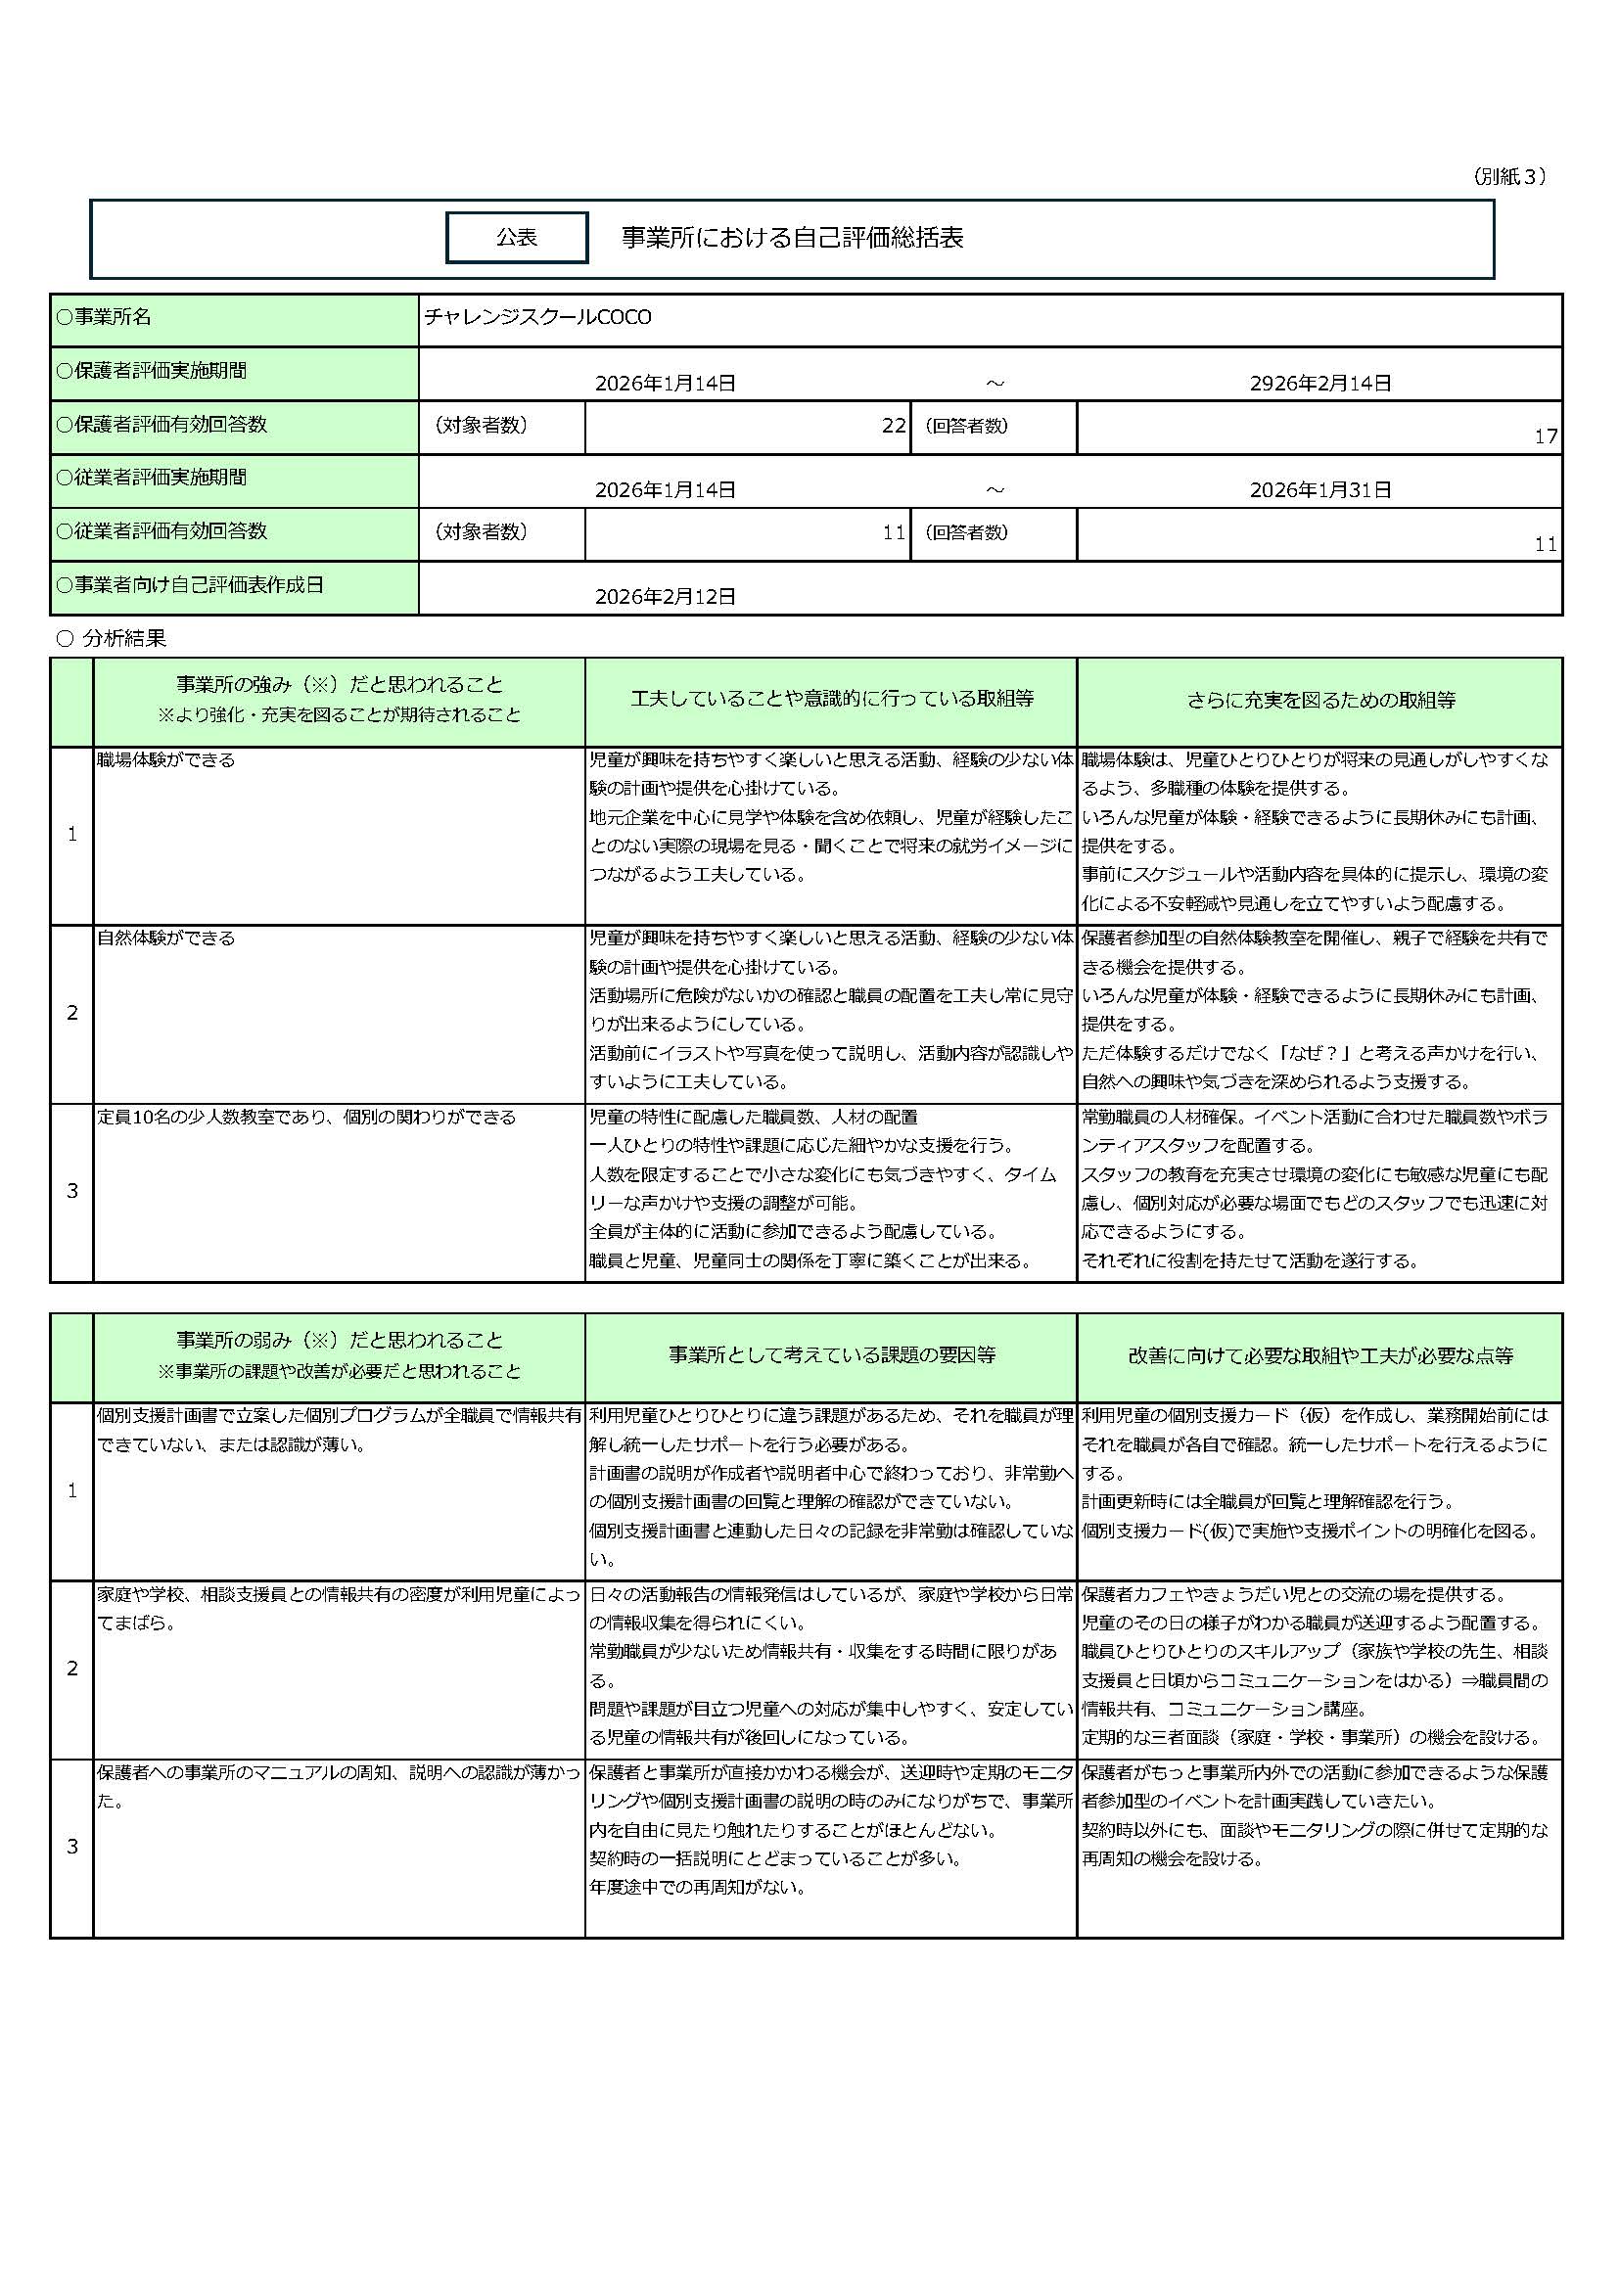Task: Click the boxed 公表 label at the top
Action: click(x=517, y=238)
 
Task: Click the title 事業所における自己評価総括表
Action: click(x=792, y=238)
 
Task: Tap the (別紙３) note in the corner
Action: click(x=1508, y=176)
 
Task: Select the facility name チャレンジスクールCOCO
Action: click(x=537, y=318)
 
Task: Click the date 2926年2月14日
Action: click(x=1319, y=384)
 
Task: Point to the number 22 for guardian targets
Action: click(x=894, y=426)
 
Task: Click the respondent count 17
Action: click(x=1546, y=436)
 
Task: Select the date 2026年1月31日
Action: click(x=1319, y=490)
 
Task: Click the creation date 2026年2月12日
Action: click(x=665, y=597)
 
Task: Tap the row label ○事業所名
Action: click(x=104, y=318)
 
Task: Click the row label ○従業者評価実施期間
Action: click(x=151, y=478)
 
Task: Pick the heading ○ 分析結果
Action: click(x=112, y=639)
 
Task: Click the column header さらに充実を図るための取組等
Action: click(x=1319, y=701)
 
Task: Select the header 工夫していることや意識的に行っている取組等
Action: click(x=831, y=699)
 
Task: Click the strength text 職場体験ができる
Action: click(x=165, y=760)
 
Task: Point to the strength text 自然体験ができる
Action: click(x=165, y=938)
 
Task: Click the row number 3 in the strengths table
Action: click(x=71, y=1191)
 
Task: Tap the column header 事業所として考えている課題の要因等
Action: click(x=831, y=1355)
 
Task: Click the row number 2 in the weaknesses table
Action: click(x=71, y=1669)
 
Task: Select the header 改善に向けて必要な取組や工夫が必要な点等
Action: click(x=1319, y=1355)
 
